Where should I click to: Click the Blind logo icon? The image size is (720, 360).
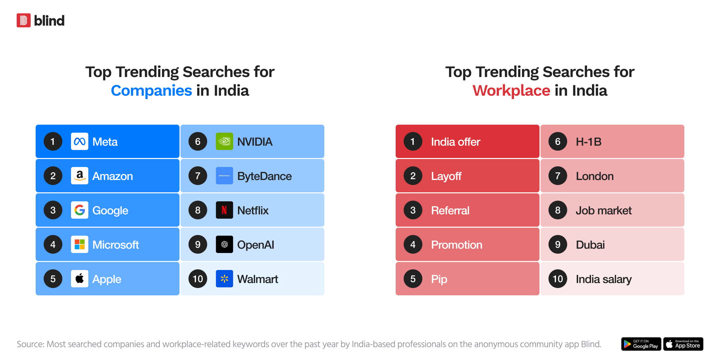[x=24, y=20]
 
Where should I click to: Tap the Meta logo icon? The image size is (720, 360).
[x=80, y=141]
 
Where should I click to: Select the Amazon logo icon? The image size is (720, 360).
[x=80, y=176]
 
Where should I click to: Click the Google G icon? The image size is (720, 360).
[x=80, y=210]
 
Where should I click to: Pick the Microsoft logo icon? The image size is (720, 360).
[x=80, y=244]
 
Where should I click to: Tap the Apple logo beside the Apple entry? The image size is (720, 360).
[x=80, y=279]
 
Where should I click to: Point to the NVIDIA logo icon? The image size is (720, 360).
[x=224, y=141]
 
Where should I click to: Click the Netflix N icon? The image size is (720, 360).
[x=224, y=210]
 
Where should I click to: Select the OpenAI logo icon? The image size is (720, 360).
[x=224, y=244]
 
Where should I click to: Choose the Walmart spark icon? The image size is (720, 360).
[x=224, y=279]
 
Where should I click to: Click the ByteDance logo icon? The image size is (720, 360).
[x=224, y=176]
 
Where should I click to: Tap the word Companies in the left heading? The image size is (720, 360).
[x=151, y=91]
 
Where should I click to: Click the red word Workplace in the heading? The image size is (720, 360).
[x=511, y=91]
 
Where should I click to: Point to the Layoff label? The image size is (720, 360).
[x=446, y=176]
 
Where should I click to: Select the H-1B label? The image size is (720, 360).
[x=589, y=142]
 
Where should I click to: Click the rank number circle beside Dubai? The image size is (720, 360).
[x=558, y=244]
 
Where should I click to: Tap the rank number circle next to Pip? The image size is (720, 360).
[x=413, y=279]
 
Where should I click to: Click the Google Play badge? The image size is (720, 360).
[x=641, y=344]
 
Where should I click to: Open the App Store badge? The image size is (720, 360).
[x=683, y=344]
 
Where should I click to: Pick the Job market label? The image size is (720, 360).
[x=604, y=211]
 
